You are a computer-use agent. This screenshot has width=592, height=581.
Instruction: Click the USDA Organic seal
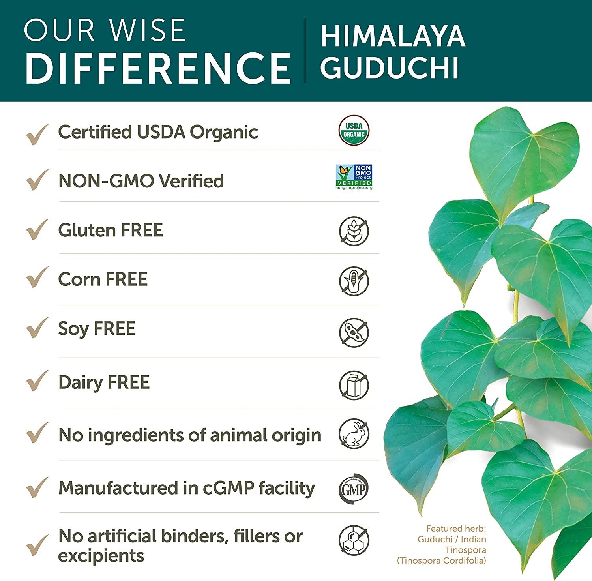pos(354,131)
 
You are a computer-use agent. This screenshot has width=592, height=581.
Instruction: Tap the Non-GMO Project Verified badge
pos(354,177)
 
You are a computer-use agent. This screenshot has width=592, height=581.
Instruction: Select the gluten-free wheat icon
pos(354,231)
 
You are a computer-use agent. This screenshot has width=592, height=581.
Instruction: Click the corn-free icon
pos(354,281)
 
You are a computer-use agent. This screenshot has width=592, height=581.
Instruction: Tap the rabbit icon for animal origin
pos(354,433)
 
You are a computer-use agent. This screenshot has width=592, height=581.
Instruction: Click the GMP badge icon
pos(354,489)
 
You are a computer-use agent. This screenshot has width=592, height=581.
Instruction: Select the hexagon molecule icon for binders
pos(354,540)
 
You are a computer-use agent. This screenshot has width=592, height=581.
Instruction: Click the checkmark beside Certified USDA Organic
pos(37,134)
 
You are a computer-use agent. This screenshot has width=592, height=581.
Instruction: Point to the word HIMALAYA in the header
pos(393,36)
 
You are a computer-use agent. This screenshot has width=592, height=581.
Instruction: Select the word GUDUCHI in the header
pos(390,67)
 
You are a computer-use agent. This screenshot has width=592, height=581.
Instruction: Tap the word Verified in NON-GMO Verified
pos(191,181)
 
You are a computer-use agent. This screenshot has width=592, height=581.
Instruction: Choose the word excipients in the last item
pos(101,555)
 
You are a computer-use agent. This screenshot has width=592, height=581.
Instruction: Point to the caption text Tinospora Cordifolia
pos(442,560)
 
